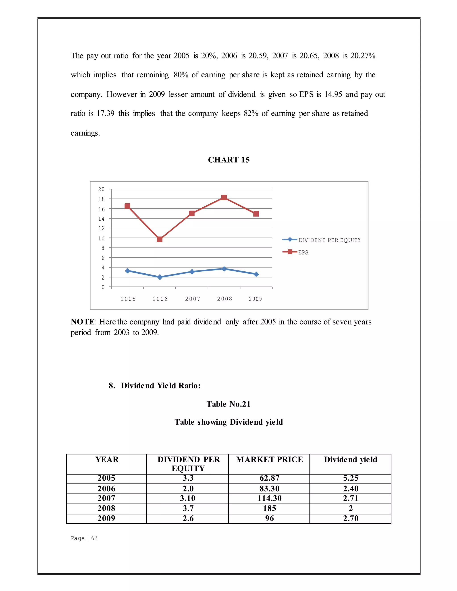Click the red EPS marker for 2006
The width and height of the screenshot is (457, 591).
point(160,239)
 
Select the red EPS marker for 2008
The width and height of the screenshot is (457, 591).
point(224,198)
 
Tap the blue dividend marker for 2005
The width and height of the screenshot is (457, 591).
point(127,271)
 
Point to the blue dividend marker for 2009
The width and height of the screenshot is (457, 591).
point(256,274)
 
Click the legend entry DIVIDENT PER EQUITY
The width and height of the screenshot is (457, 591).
point(329,240)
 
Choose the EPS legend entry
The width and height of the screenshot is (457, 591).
point(303,252)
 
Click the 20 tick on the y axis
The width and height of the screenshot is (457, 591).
point(101,189)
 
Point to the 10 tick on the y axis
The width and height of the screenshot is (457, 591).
point(101,238)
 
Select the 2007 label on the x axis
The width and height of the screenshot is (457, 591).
point(193,299)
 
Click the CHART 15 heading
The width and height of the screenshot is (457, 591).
point(229,160)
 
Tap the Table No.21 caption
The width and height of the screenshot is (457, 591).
point(228,404)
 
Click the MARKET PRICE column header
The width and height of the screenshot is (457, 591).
point(269,459)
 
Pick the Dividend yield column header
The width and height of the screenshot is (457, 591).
point(351,459)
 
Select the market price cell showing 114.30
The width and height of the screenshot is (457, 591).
point(269,498)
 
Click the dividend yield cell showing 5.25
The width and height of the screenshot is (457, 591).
point(351,478)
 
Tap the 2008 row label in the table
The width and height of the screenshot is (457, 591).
point(106,508)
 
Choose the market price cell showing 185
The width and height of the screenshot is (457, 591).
point(269,508)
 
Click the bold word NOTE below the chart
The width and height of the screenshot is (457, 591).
point(83,322)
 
